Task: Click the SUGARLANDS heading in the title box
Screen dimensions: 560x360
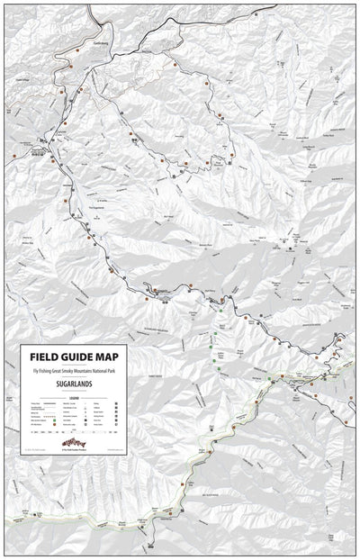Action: pyautogui.click(x=77, y=384)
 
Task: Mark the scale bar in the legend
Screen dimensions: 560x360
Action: pyautogui.click(x=77, y=430)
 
